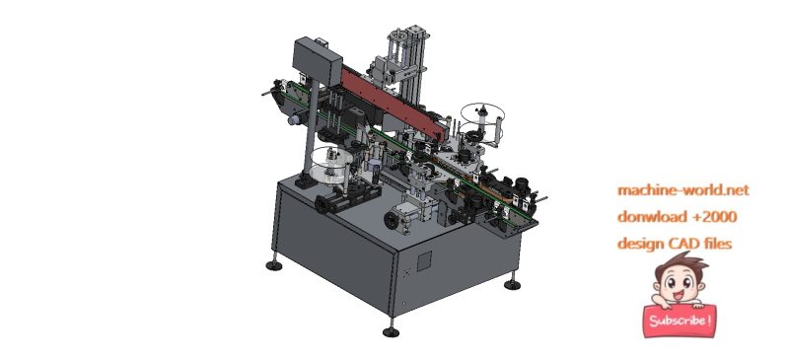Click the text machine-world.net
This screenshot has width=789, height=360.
click(682, 189)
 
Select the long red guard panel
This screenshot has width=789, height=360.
click(394, 99)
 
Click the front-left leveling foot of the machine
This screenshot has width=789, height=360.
click(273, 264)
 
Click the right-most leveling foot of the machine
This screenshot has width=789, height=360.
click(511, 284)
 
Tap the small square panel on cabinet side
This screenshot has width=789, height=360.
click(424, 260)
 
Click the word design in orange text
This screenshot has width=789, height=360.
click(642, 243)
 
